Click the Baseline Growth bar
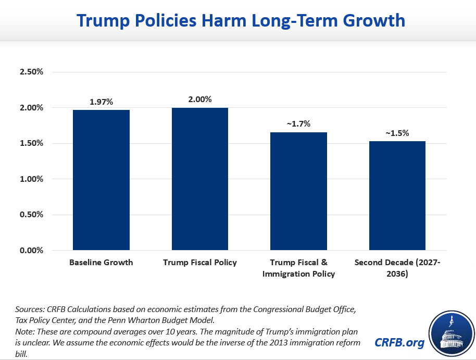[x=101, y=180]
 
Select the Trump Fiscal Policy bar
[x=200, y=179]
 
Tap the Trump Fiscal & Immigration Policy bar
[x=299, y=191]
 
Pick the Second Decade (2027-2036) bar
[x=397, y=195]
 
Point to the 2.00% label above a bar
[x=200, y=99]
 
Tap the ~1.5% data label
[x=397, y=133]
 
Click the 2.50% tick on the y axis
[x=31, y=72]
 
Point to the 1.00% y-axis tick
[x=31, y=179]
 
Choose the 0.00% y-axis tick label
[x=31, y=251]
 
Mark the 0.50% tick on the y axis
[x=31, y=215]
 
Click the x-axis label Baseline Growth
[x=101, y=262]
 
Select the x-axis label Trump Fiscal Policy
[x=200, y=262]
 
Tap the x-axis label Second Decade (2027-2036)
[x=397, y=268]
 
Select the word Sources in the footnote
[x=28, y=309]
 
